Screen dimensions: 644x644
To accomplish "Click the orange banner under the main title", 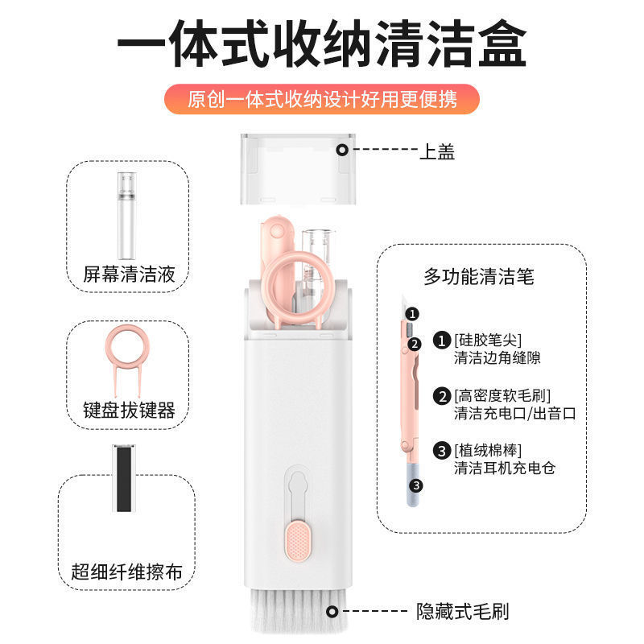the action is coord(321,99).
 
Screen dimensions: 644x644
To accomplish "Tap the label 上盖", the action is coord(437,151).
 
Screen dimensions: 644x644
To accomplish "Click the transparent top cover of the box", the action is coord(298,169).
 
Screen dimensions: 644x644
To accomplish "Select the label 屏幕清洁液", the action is coord(129,274).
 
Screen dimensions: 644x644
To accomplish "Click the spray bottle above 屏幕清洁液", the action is coord(126,216).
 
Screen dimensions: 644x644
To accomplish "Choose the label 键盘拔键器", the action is coord(129,410).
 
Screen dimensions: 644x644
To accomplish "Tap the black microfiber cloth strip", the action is coord(124,478).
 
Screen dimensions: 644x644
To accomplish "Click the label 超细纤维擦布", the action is coord(126,572).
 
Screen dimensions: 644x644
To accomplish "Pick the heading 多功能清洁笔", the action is coord(479,276).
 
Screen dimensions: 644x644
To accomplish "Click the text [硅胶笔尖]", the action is coord(488,340).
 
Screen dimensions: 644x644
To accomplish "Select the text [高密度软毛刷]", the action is coord(502,395).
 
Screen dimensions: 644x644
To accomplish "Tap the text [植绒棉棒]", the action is coord(488,451).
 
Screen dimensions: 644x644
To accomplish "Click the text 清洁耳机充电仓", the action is coord(505,468).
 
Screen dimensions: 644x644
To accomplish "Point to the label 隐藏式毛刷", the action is coord(462,612).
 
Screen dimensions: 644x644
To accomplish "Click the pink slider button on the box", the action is coord(298,541).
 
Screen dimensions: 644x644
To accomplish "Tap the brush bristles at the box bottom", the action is coord(299,610).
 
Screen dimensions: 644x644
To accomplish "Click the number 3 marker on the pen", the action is coord(416,486).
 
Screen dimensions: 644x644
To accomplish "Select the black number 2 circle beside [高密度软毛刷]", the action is coord(442,396).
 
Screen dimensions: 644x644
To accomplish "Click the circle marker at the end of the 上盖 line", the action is coord(342,150).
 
